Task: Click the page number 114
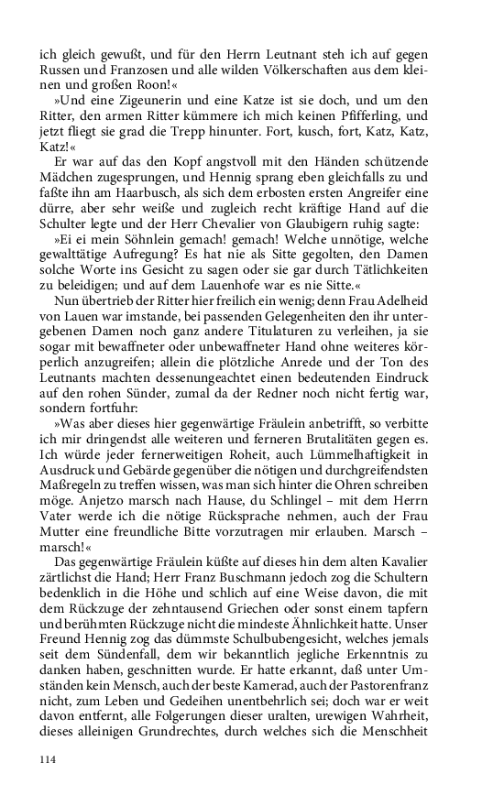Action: point(49,759)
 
